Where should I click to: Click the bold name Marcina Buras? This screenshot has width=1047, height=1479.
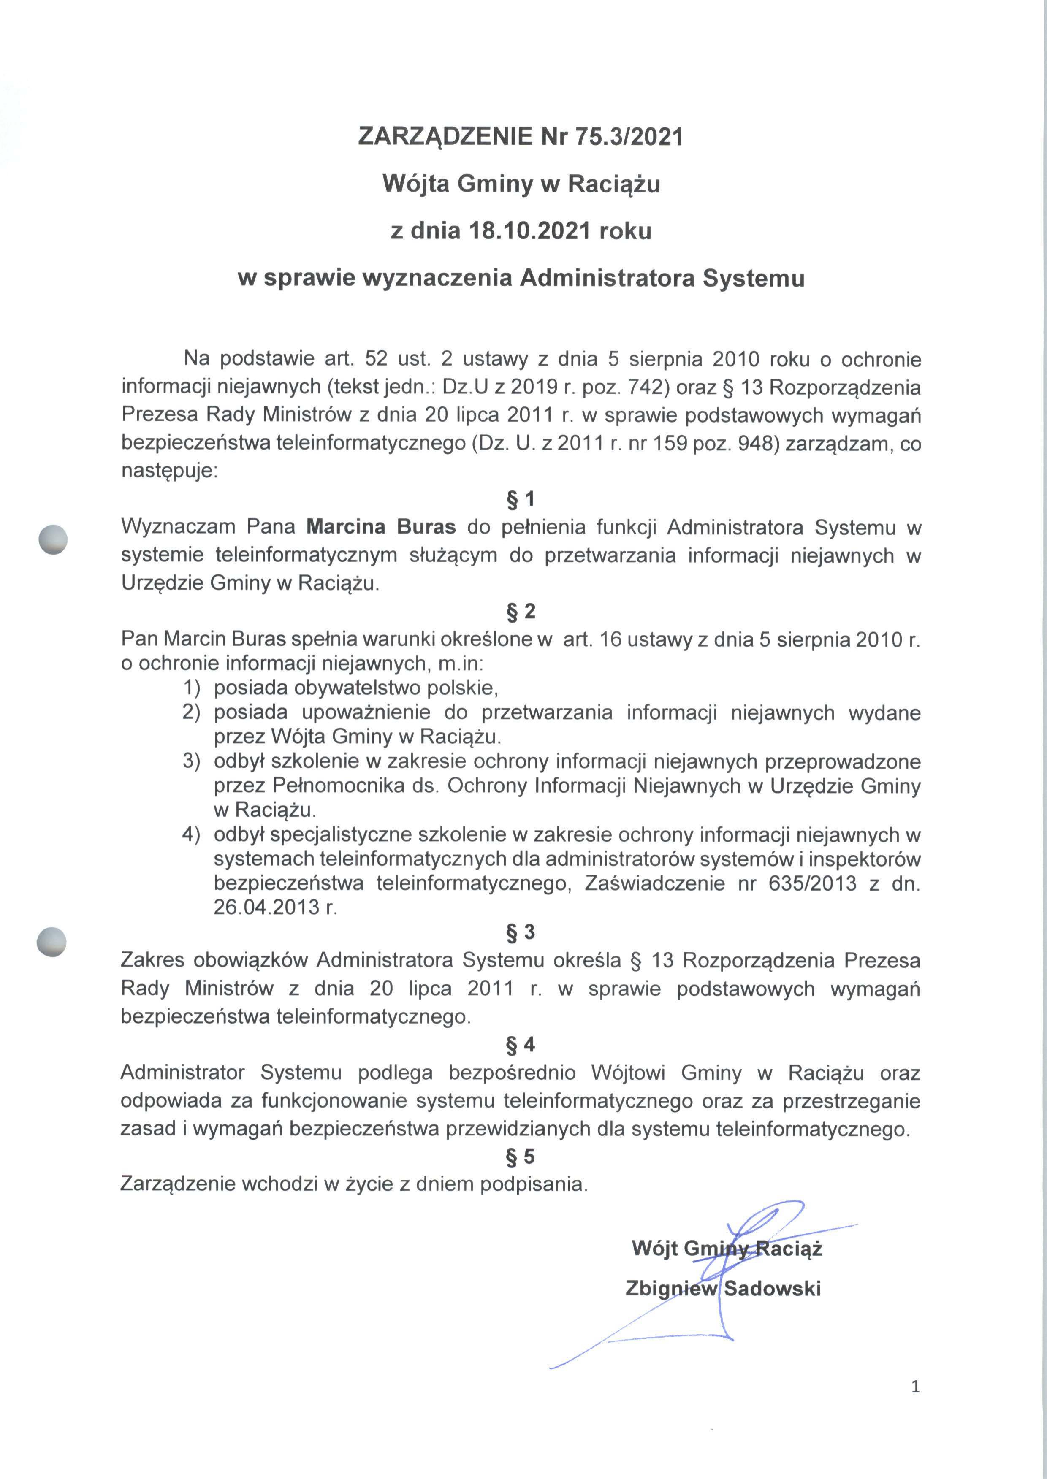coord(381,527)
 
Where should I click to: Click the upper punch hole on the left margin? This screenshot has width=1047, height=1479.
coord(53,539)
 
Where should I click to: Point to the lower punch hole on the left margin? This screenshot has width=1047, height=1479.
coord(52,942)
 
